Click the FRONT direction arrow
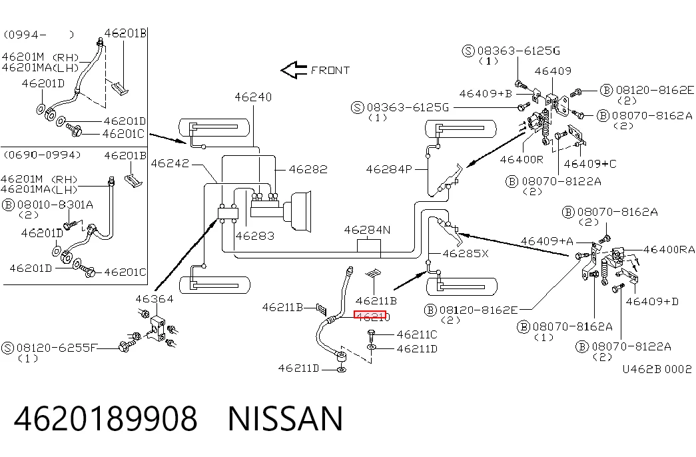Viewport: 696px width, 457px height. click(x=294, y=70)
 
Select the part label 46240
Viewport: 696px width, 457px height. click(x=253, y=97)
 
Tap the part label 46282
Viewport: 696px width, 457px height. click(x=308, y=169)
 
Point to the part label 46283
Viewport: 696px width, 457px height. click(x=255, y=236)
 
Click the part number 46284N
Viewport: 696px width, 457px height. click(x=367, y=230)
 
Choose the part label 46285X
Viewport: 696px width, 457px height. click(x=466, y=254)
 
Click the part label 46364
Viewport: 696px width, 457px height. click(x=155, y=299)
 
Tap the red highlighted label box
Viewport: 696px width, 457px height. click(x=370, y=315)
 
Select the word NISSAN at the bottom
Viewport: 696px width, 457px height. click(x=286, y=418)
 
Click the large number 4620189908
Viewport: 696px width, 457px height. click(x=106, y=418)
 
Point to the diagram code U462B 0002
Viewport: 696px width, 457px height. click(x=657, y=369)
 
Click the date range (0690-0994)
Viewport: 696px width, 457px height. click(x=43, y=155)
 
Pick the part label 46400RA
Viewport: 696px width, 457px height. click(x=669, y=250)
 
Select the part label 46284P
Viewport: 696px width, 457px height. click(x=389, y=169)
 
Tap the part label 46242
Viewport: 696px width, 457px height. click(x=170, y=163)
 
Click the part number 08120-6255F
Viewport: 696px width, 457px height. click(x=56, y=348)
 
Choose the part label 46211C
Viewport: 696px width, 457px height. click(x=417, y=334)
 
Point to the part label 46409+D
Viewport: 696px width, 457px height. click(x=652, y=302)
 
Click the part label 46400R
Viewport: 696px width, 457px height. click(x=522, y=159)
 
